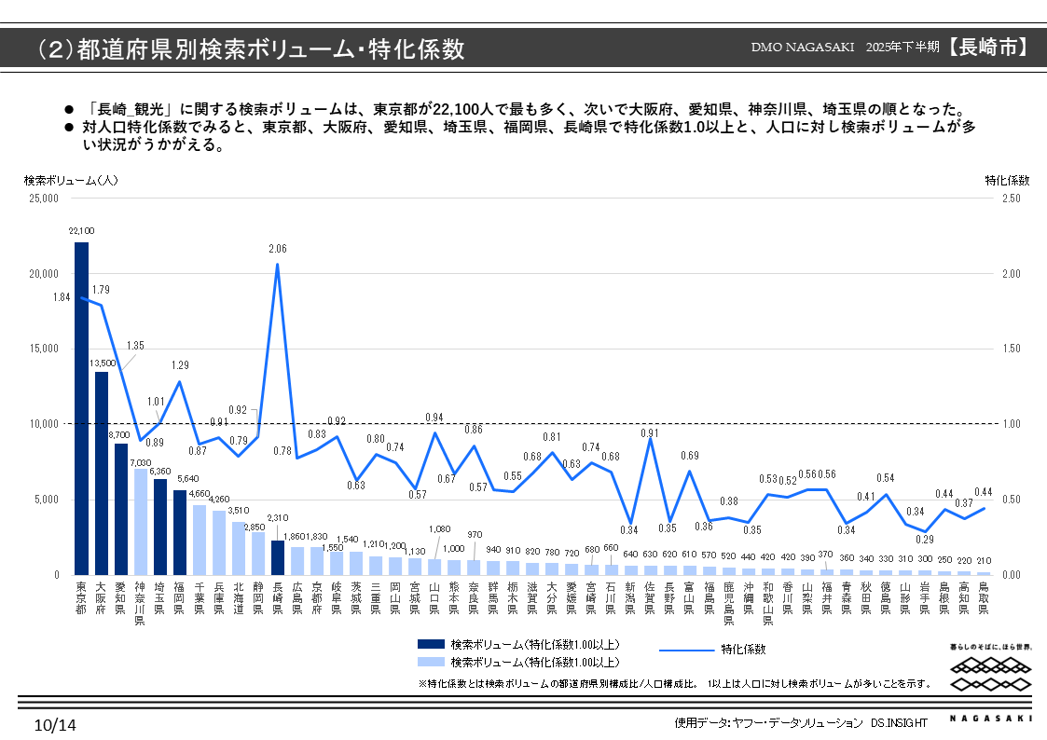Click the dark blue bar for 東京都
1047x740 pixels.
(x=82, y=410)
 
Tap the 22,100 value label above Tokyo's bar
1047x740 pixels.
(x=81, y=230)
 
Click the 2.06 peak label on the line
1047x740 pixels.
(x=277, y=249)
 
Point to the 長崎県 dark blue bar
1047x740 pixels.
(x=277, y=557)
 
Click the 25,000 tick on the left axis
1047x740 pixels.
(x=42, y=199)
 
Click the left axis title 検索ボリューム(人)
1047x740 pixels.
(x=71, y=180)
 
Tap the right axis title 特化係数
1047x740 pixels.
(x=1007, y=180)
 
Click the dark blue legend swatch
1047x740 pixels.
(x=431, y=644)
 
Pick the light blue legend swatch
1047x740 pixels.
(x=431, y=662)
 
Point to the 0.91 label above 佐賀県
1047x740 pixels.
(x=649, y=432)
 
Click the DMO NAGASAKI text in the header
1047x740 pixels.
(x=803, y=48)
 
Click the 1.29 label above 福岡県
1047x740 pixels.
(x=180, y=365)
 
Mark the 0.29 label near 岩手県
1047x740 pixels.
(x=924, y=539)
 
